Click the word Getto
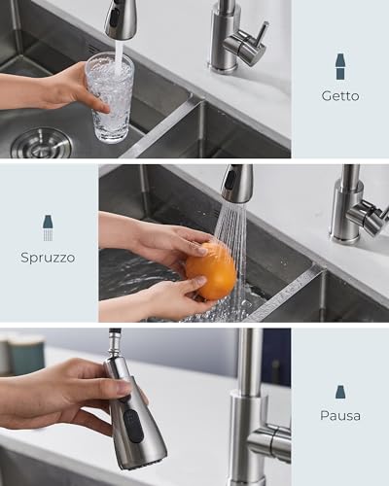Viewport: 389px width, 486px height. point(339,95)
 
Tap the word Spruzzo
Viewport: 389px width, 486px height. point(48,258)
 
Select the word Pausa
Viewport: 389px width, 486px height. point(339,415)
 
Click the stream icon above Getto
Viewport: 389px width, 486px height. point(339,66)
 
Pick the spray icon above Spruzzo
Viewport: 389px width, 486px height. point(48,227)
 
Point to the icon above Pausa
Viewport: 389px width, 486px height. point(339,391)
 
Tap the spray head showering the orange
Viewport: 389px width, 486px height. point(235,183)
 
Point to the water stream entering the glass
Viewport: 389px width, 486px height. point(119,58)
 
